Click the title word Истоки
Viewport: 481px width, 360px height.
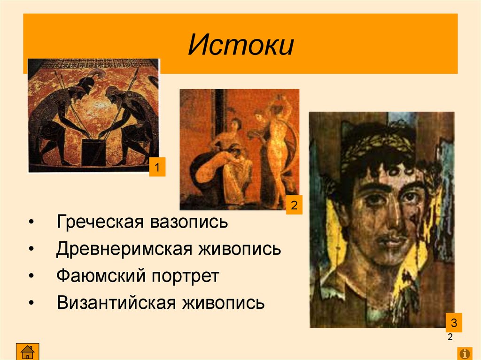240,45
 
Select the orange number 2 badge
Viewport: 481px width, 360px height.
294,206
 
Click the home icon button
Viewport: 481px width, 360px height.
28,352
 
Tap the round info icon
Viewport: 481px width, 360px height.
465,352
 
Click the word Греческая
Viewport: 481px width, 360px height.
100,222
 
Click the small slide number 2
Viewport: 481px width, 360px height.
450,337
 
